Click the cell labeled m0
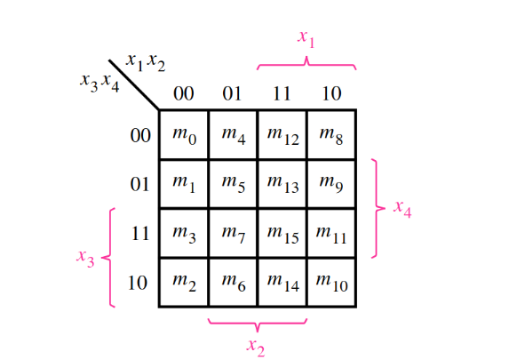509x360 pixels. pyautogui.click(x=184, y=135)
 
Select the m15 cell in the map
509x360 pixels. pyautogui.click(x=282, y=233)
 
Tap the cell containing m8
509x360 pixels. pyautogui.click(x=331, y=135)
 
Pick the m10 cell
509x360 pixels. pyautogui.click(x=331, y=282)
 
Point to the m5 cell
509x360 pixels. pyautogui.click(x=233, y=184)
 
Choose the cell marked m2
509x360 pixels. pyautogui.click(x=184, y=282)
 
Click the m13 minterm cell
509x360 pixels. pyautogui.click(x=282, y=184)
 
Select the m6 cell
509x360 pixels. pyautogui.click(x=233, y=282)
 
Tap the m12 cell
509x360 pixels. pyautogui.click(x=282, y=135)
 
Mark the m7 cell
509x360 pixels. pyautogui.click(x=233, y=233)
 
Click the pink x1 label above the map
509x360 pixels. pyautogui.click(x=306, y=39)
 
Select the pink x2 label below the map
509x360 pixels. pyautogui.click(x=256, y=348)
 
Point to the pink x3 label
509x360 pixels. pyautogui.click(x=85, y=259)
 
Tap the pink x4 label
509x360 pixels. pyautogui.click(x=402, y=209)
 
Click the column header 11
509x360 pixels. pyautogui.click(x=282, y=93)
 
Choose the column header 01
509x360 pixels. pyautogui.click(x=232, y=93)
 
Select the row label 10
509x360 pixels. pyautogui.click(x=138, y=283)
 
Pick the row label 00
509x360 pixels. pyautogui.click(x=140, y=135)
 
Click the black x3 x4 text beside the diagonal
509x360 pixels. pyautogui.click(x=99, y=83)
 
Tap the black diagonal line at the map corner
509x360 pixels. pyautogui.click(x=134, y=84)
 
